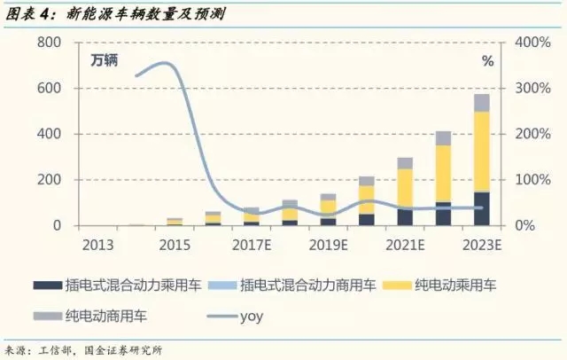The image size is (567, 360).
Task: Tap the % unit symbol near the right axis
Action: [x=486, y=61]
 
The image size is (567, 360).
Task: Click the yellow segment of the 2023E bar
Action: [x=480, y=151]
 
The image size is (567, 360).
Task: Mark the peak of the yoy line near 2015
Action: [x=163, y=63]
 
